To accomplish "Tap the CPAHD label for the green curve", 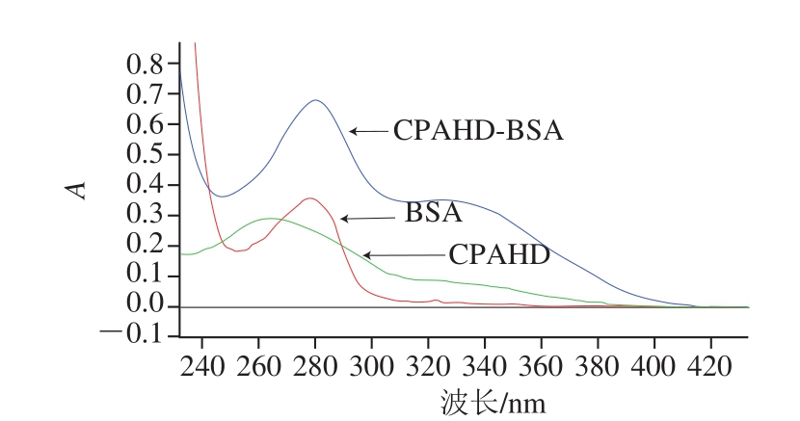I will [499, 255].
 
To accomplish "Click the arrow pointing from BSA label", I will [360, 219].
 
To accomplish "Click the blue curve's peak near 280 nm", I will [315, 100].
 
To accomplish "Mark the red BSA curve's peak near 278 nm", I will [308, 198].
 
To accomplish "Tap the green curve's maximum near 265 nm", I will [270, 219].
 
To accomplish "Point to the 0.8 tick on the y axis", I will [146, 66].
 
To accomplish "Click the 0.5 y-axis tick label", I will [146, 156].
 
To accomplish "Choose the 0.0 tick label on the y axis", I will [146, 306].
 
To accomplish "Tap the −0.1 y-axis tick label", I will [137, 336].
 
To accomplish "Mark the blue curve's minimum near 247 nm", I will [223, 197].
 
